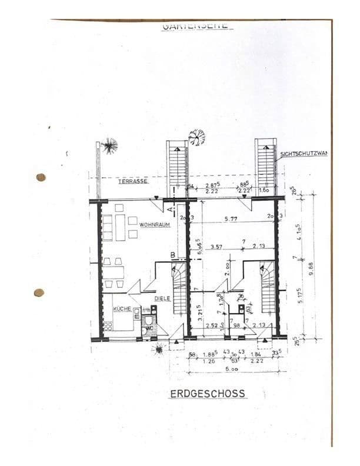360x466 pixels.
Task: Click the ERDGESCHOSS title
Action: click(x=208, y=393)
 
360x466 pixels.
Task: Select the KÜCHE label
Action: click(x=122, y=308)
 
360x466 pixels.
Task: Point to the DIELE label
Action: click(x=162, y=298)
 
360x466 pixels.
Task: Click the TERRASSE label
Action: click(x=132, y=182)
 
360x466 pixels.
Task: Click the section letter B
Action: click(x=173, y=255)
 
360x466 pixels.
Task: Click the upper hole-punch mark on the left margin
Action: click(x=41, y=177)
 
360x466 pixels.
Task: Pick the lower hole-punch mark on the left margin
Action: click(x=39, y=292)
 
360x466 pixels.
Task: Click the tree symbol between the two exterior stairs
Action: click(x=196, y=137)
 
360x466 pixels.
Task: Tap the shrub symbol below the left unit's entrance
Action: click(x=158, y=350)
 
